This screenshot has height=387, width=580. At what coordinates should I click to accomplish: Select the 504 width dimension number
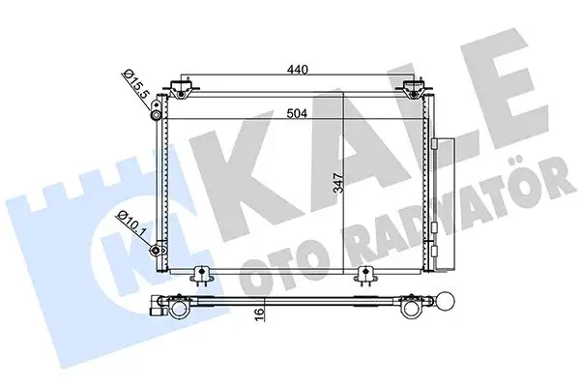pos(299,111)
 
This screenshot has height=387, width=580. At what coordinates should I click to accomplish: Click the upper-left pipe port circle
pos(156,116)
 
